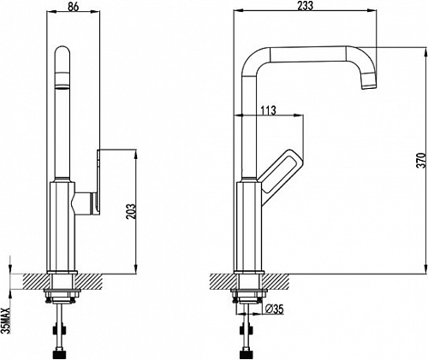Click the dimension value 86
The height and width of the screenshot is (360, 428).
coord(73,7)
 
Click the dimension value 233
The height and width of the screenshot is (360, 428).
coord(305,6)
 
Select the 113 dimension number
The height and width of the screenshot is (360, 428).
coord(269,110)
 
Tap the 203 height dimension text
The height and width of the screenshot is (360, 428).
coord(131,211)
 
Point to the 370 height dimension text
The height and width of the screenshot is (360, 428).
coord(421,161)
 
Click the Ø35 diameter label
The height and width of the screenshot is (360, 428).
coord(274,309)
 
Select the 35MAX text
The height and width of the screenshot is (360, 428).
coord(5,321)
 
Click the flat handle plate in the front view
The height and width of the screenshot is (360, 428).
coord(98,182)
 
